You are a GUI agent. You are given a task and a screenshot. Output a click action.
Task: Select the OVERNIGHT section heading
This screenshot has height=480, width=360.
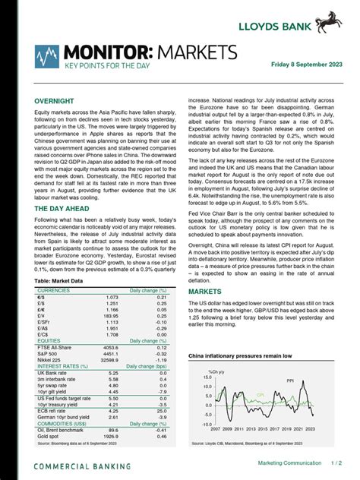tap(54, 100)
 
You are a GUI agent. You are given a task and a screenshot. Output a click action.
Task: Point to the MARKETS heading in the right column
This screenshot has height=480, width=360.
tap(205, 292)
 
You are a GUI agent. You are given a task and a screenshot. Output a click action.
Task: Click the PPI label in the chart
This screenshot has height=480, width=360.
tap(289, 381)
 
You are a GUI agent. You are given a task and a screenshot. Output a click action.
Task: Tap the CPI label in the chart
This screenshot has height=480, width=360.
tap(261, 396)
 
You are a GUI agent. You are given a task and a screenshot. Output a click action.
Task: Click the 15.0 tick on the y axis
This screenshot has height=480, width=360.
tap(207, 377)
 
